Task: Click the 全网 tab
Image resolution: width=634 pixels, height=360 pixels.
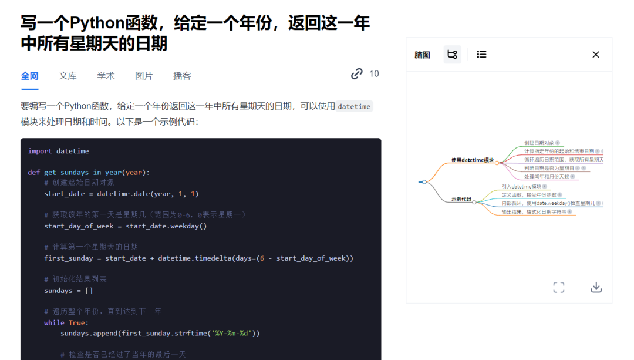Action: pos(29,76)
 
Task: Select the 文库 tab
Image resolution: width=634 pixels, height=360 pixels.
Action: pos(68,76)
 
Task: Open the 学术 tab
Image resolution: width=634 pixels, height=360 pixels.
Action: pos(106,76)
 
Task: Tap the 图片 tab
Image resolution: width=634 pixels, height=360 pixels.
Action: pos(144,76)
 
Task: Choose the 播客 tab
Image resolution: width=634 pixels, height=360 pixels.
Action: pos(182,76)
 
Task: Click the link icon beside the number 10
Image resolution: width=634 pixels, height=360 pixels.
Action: pos(356,74)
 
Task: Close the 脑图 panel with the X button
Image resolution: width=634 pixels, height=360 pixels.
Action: pos(596,55)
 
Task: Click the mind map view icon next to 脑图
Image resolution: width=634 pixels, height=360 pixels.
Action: pos(452,55)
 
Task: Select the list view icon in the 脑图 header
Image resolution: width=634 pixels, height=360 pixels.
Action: pos(481,55)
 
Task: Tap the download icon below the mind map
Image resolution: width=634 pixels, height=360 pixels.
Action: pos(596,287)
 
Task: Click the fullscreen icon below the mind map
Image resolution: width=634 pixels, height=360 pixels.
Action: pos(559,287)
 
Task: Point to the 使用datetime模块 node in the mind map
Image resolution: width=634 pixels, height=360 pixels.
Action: pos(473,160)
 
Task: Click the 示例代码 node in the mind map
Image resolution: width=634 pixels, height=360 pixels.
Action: pos(461,199)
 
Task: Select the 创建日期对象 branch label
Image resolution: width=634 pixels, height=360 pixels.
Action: pos(538,143)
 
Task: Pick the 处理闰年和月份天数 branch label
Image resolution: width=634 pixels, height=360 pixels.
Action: pos(546,176)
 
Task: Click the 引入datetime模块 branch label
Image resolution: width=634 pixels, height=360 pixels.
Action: pos(521,186)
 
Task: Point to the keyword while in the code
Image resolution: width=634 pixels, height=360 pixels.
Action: pos(54,322)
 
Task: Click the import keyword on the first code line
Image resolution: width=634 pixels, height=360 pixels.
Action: pos(40,151)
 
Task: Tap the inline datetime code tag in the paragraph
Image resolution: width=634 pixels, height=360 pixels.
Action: pos(355,106)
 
